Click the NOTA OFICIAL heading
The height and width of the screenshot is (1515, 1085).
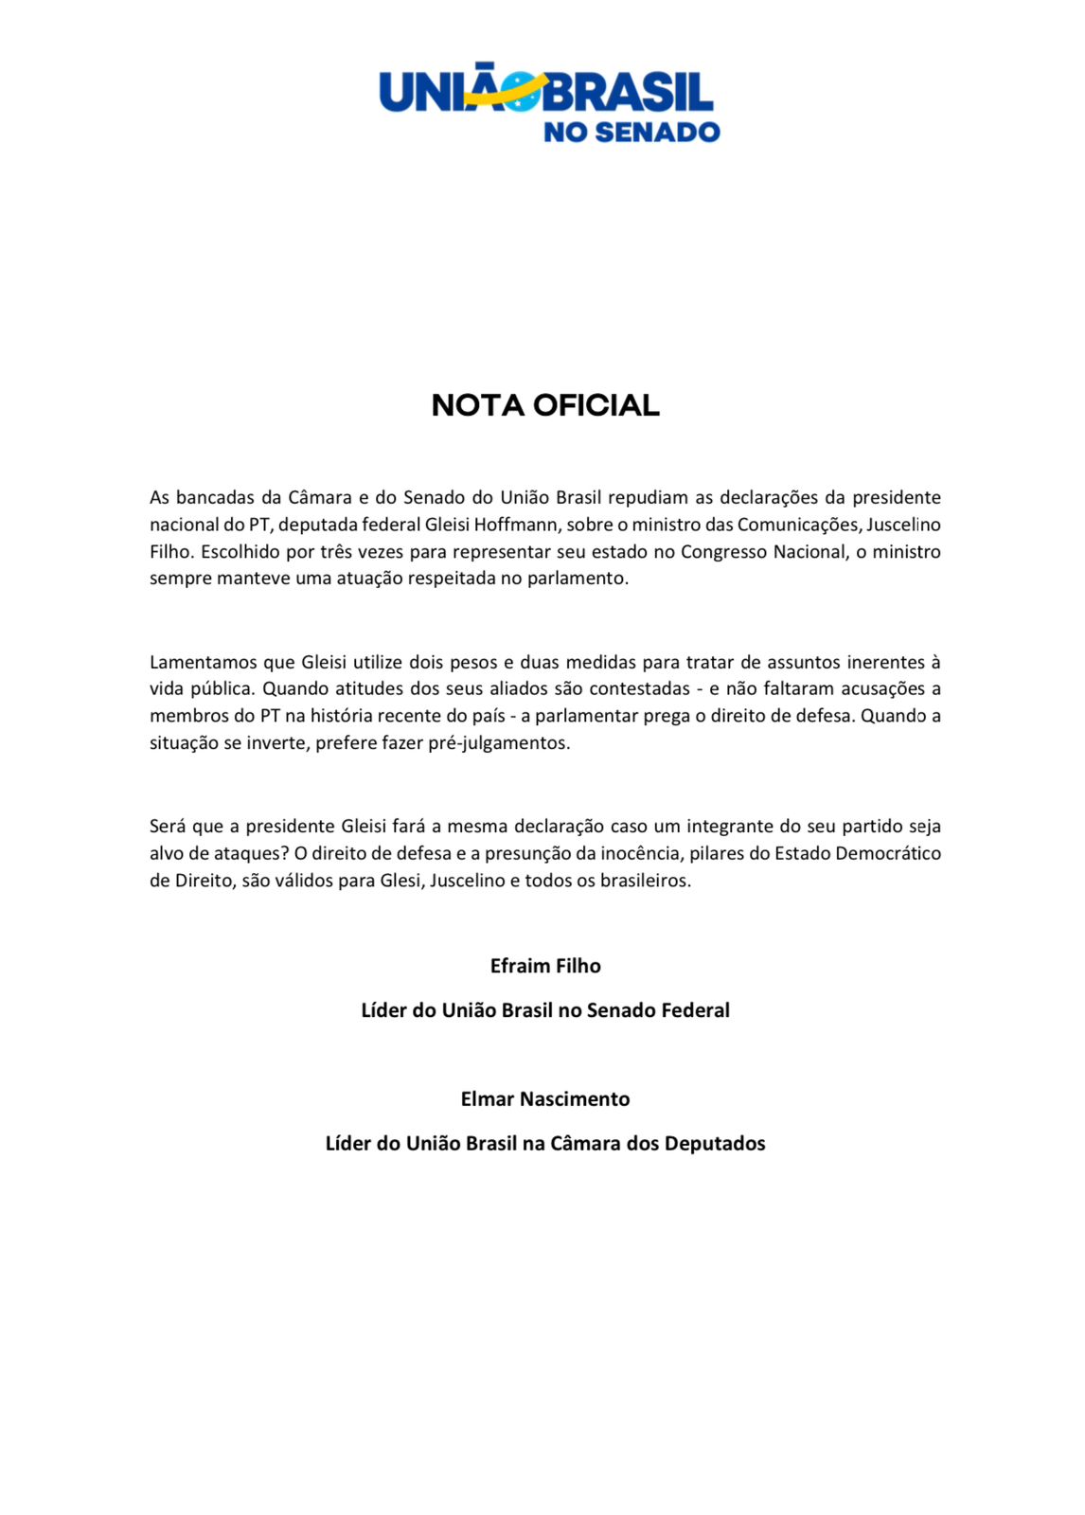coord(545,405)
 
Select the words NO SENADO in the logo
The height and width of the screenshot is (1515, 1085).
coord(631,132)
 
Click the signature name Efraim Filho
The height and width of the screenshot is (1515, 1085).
coord(545,966)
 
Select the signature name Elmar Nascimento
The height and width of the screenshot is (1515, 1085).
coord(545,1098)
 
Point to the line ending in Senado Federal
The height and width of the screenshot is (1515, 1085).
coord(545,1010)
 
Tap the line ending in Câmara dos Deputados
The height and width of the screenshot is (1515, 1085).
coord(545,1143)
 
